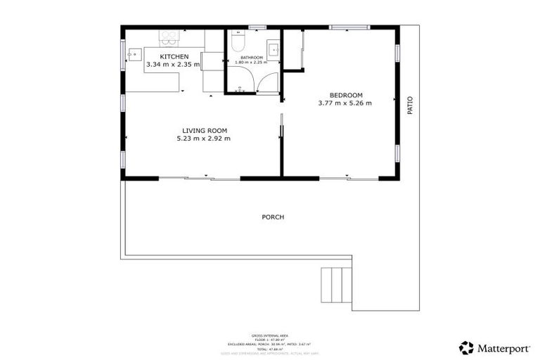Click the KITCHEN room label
click(174, 56)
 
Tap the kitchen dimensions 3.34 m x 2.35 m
click(173, 65)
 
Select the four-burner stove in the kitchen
click(169, 35)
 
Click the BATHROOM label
click(251, 57)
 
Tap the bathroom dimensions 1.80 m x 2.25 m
click(251, 63)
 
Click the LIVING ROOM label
click(204, 131)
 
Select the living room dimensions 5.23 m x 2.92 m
click(204, 139)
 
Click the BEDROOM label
click(345, 96)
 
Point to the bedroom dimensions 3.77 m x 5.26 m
click(345, 103)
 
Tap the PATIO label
click(410, 105)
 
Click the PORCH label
click(273, 217)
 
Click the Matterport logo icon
click(466, 347)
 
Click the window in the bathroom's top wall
click(257, 27)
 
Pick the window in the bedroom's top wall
click(349, 27)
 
